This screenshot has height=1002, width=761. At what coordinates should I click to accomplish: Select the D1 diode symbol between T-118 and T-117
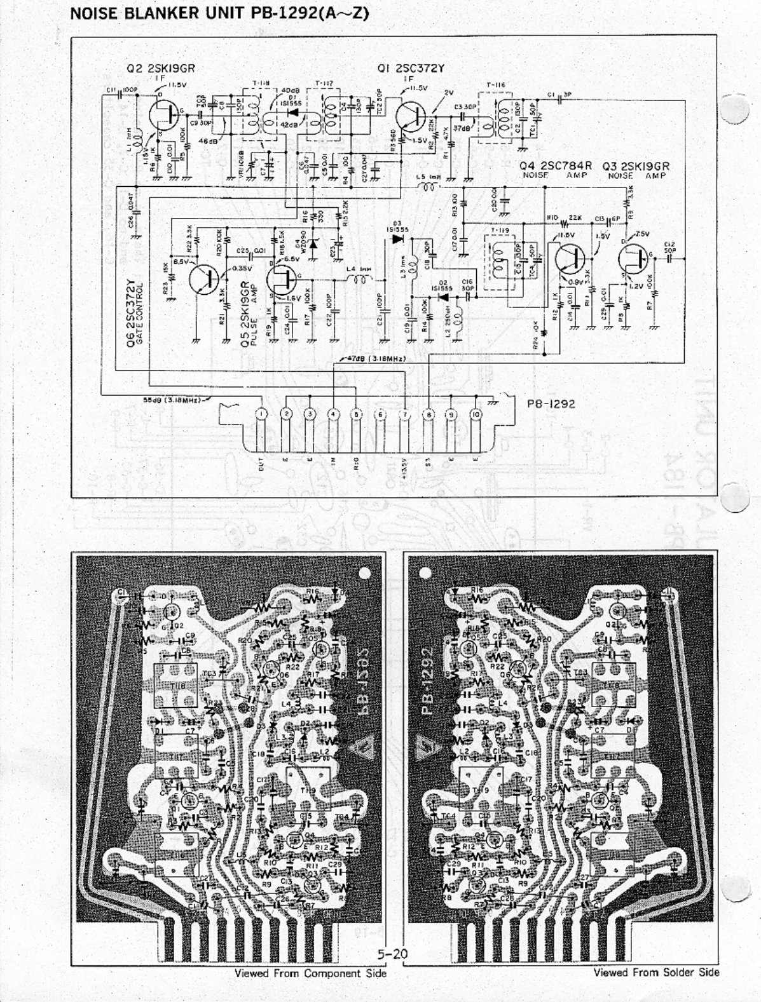tap(294, 115)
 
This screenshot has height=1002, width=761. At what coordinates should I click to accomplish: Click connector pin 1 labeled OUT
tap(261, 414)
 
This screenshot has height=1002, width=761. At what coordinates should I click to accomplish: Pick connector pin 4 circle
tap(333, 414)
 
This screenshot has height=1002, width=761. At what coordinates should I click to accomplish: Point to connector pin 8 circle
tap(428, 414)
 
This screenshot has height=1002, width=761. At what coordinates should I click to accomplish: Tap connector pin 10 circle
tap(476, 414)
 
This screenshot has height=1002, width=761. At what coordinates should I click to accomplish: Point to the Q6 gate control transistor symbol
tap(205, 278)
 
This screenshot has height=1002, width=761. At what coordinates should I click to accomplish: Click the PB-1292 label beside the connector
tap(551, 403)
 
